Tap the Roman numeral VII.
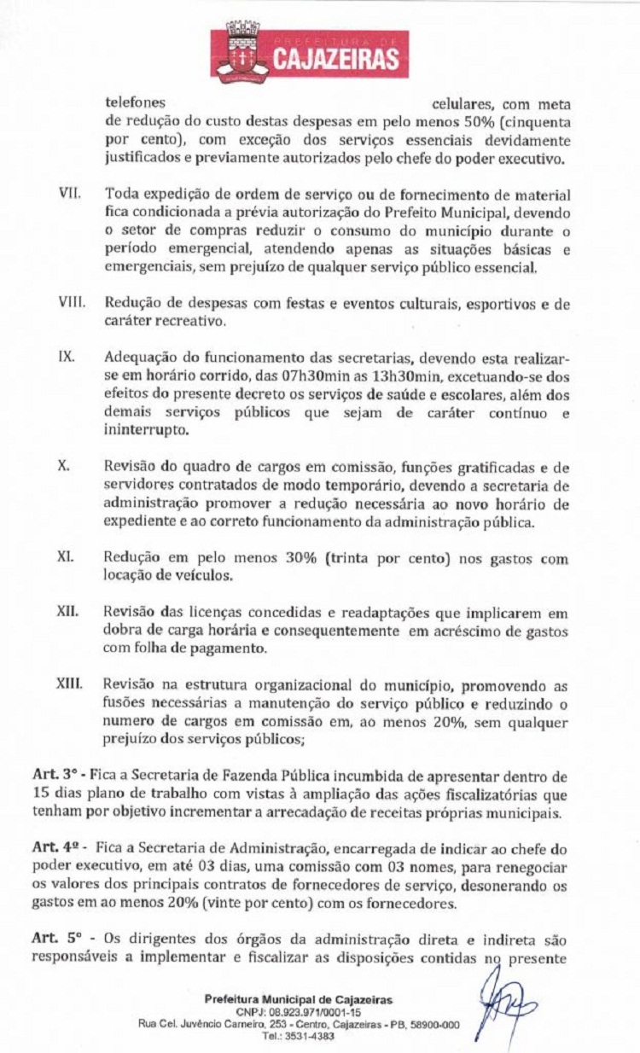(69, 195)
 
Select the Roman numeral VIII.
(71, 303)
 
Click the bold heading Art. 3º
(53, 775)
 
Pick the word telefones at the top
(135, 103)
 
